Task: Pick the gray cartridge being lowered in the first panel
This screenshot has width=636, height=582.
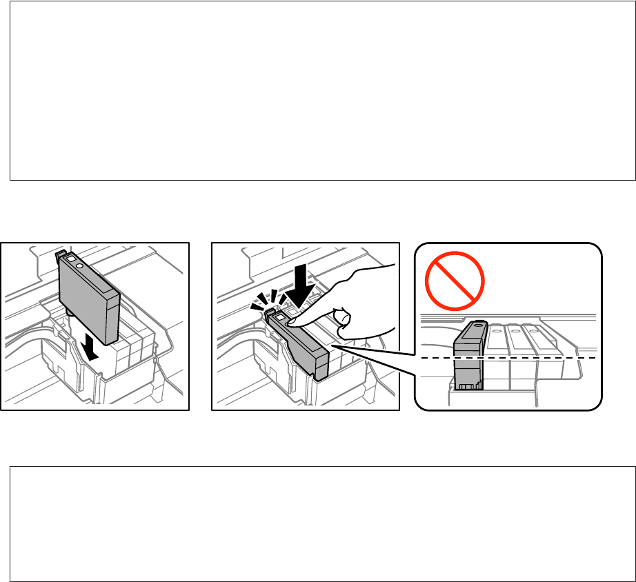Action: click(90, 297)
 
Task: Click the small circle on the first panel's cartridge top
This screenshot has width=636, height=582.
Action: click(80, 264)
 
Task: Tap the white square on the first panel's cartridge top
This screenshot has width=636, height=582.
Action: click(69, 257)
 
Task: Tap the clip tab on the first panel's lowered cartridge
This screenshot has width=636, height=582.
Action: click(59, 256)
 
